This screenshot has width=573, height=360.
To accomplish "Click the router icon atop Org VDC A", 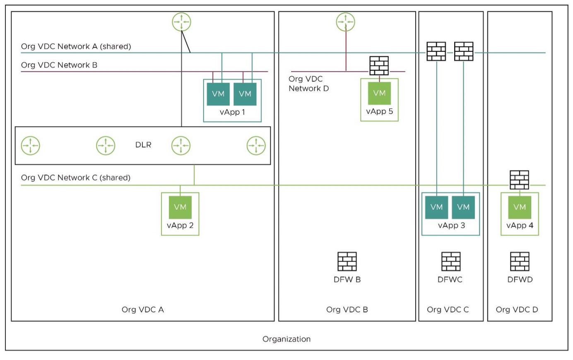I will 181,22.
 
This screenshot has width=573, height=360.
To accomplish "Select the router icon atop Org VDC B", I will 345,22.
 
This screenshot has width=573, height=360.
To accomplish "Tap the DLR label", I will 143,145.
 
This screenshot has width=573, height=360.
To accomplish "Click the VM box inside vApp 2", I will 180,207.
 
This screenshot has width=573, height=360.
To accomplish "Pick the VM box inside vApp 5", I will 379,93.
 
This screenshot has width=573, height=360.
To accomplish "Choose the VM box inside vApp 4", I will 520,207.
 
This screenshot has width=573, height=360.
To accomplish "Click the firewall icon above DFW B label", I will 347,262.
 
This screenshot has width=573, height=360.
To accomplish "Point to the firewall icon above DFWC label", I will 451,262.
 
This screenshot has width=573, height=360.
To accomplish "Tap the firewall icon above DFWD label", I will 520,262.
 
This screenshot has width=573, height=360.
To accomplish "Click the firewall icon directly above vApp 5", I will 379,66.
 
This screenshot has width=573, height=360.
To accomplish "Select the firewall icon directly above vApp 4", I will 520,180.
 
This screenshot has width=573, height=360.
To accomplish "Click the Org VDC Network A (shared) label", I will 76,46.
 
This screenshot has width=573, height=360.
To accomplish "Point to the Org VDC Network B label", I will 59,65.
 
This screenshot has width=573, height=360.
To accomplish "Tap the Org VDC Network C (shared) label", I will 76,178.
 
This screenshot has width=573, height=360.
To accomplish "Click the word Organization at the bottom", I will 286,339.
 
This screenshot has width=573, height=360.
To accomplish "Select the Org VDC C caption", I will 448,310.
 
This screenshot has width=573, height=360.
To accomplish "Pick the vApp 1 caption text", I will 232,112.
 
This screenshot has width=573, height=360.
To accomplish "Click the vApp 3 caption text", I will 451,226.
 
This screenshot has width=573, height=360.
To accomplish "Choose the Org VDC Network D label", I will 308,84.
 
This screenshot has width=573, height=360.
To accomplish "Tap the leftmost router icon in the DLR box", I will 31,146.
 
